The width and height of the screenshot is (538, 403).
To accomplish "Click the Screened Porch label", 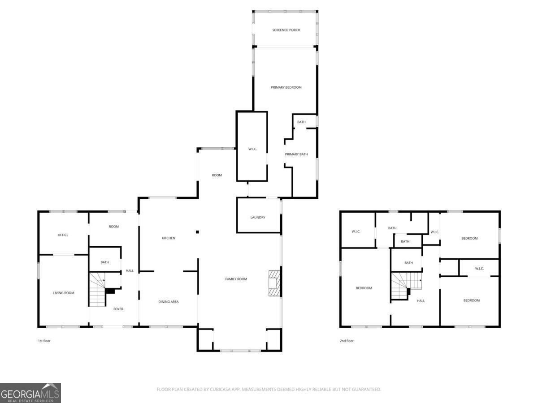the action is pyautogui.click(x=286, y=30).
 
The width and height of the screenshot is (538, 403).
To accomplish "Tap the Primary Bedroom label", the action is pyautogui.click(x=286, y=87).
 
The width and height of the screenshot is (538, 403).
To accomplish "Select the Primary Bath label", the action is pyautogui.click(x=296, y=154).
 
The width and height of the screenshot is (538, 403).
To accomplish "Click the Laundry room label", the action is pyautogui.click(x=258, y=217).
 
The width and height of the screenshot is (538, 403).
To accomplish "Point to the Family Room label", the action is pyautogui.click(x=236, y=279).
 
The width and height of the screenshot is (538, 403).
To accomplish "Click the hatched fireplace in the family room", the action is pyautogui.click(x=274, y=283).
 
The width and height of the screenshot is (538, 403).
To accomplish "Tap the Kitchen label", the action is pyautogui.click(x=169, y=238).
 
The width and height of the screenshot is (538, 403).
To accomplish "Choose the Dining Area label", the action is pyautogui.click(x=169, y=302).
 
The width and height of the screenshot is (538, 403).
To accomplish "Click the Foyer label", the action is pyautogui.click(x=118, y=309).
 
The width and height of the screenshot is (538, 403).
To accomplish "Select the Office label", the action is pyautogui.click(x=63, y=235).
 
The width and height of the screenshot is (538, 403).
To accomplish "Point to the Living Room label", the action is pyautogui.click(x=64, y=293).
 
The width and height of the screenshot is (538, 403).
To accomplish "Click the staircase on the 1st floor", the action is pyautogui.click(x=97, y=289).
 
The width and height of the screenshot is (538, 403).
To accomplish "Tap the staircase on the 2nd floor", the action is pyautogui.click(x=406, y=285).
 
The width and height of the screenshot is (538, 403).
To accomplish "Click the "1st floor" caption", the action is pyautogui.click(x=44, y=341).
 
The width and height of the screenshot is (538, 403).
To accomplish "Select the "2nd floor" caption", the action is pyautogui.click(x=347, y=341).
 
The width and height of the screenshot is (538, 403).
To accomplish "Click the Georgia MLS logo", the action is pyautogui.click(x=30, y=393).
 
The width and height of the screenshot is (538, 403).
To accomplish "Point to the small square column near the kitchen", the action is pyautogui.click(x=197, y=232).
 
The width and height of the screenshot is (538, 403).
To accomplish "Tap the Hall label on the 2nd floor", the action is pyautogui.click(x=421, y=301).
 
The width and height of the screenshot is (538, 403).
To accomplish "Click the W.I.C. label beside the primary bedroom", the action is pyautogui.click(x=252, y=149).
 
